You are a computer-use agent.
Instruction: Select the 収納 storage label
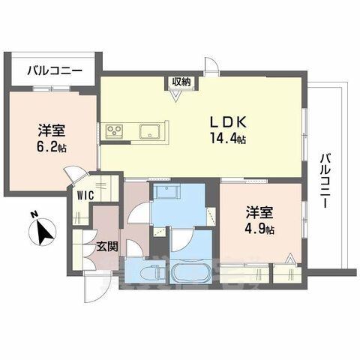coord(179,81)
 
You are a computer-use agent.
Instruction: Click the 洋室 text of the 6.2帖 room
coord(49,128)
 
